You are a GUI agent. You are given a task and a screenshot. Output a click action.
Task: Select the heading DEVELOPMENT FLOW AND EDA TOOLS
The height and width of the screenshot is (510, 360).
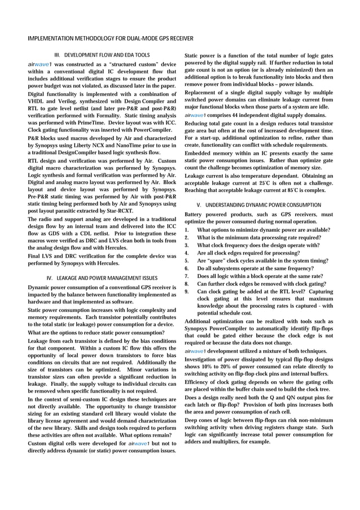pos(107,55)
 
